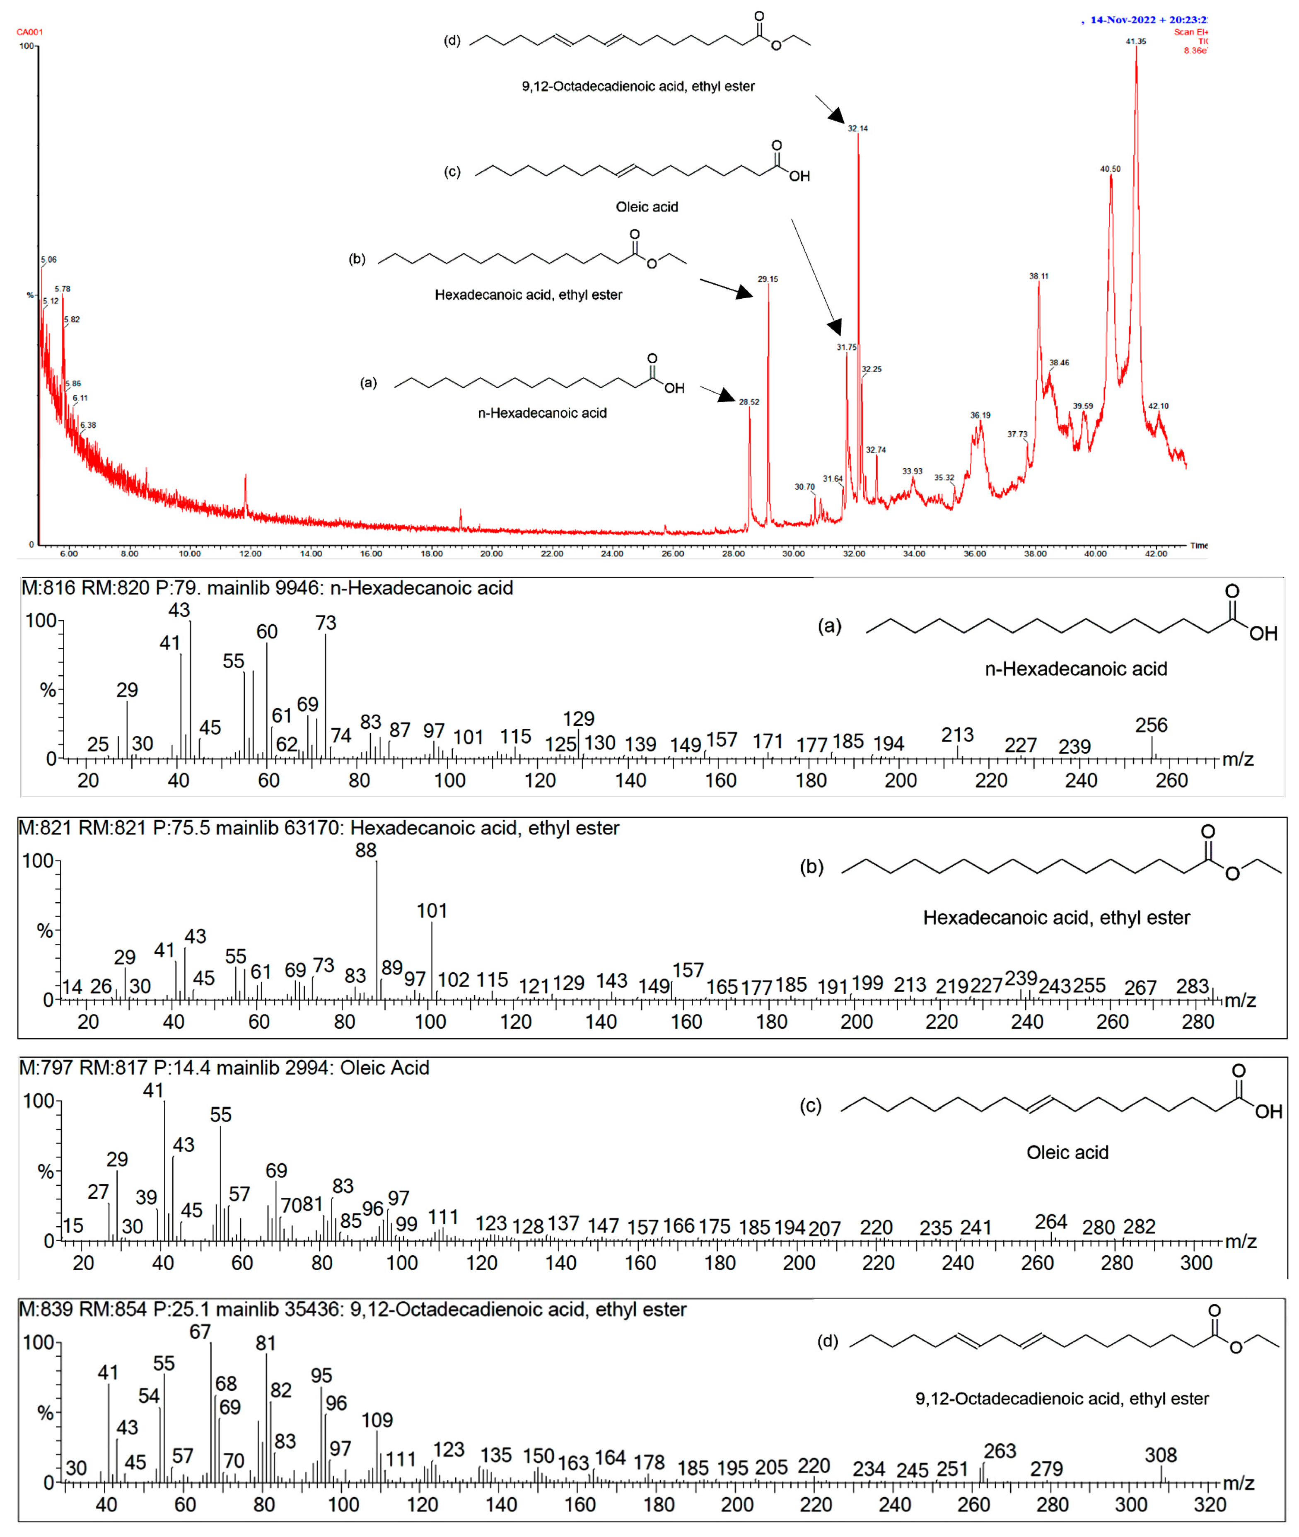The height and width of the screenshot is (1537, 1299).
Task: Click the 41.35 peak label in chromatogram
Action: tap(1135, 41)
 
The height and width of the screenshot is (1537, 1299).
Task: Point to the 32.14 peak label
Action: tap(857, 128)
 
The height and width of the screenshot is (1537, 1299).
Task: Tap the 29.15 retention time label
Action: tap(767, 279)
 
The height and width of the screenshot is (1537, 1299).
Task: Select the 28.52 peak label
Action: tap(749, 402)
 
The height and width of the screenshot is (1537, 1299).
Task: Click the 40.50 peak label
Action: tap(1110, 169)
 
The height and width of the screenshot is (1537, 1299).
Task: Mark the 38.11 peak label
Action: tap(1038, 276)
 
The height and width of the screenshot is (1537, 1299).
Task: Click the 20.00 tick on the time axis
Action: tap(491, 554)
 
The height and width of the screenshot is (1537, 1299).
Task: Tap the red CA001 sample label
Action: tap(29, 31)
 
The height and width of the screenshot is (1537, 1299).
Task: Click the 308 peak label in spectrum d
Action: tap(1161, 1455)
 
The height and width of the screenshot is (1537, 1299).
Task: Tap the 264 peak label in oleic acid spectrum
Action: tap(1051, 1222)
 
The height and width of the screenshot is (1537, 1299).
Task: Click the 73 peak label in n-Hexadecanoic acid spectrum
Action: tap(326, 623)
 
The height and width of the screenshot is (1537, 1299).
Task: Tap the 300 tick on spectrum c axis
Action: tap(1196, 1263)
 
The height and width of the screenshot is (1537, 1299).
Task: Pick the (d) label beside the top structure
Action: tap(452, 41)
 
